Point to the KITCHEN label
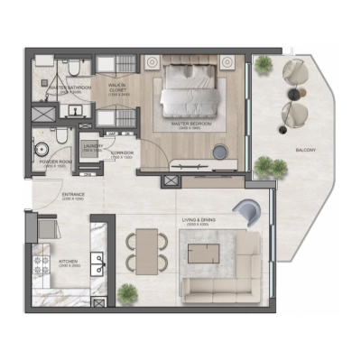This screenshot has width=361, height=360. point(70,263)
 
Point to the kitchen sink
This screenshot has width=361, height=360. point(99,265)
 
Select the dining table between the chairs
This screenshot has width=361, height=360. point(145,252)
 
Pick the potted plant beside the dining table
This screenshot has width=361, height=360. point(128,292)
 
